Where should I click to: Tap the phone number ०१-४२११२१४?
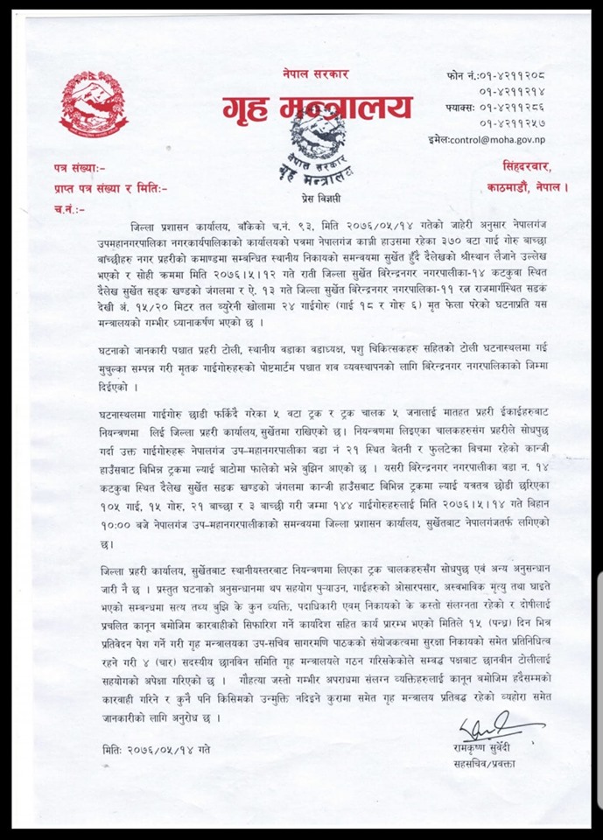pos(522,91)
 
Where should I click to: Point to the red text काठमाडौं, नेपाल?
pos(528,185)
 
